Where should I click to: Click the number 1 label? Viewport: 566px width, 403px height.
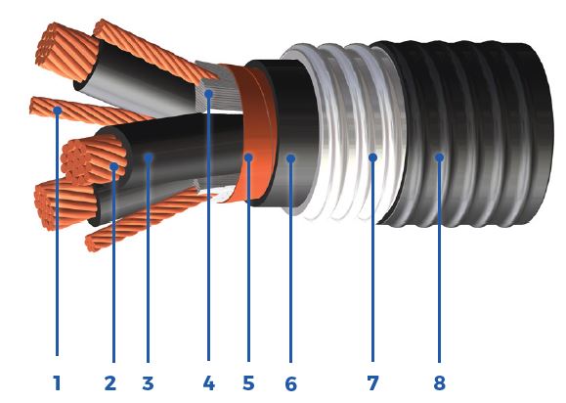(57, 383)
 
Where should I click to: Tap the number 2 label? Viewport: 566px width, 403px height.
(109, 383)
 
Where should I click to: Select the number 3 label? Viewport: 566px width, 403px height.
(148, 383)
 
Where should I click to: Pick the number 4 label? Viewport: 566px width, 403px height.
(208, 383)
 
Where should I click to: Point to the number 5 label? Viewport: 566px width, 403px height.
(248, 383)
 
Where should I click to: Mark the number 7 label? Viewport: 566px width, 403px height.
(371, 383)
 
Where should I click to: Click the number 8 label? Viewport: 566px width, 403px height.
(439, 383)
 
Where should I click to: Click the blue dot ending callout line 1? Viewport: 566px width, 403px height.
(58, 111)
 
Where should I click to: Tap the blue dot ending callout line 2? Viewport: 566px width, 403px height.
(113, 167)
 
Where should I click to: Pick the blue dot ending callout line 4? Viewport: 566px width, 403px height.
(209, 94)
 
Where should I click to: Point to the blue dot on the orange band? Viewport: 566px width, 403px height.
(248, 157)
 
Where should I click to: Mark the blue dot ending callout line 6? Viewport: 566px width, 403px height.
(290, 157)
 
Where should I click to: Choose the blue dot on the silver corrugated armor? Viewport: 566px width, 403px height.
(372, 157)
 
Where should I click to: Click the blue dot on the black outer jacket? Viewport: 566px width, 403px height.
(439, 157)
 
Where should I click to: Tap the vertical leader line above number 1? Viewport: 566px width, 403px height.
(58, 245)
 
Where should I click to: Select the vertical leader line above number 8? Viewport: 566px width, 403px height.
(439, 264)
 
